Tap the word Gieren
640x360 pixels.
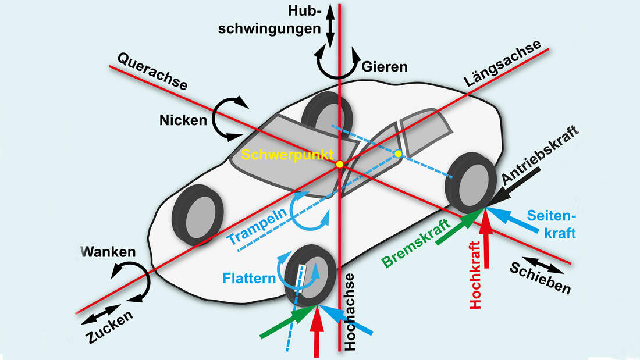(385, 67)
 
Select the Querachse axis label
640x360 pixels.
(152, 72)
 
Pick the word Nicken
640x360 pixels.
(183, 121)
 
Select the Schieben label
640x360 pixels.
(540, 278)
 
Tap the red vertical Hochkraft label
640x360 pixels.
(476, 278)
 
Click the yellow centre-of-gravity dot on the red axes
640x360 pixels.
(340, 164)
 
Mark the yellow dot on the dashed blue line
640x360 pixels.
(398, 154)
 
